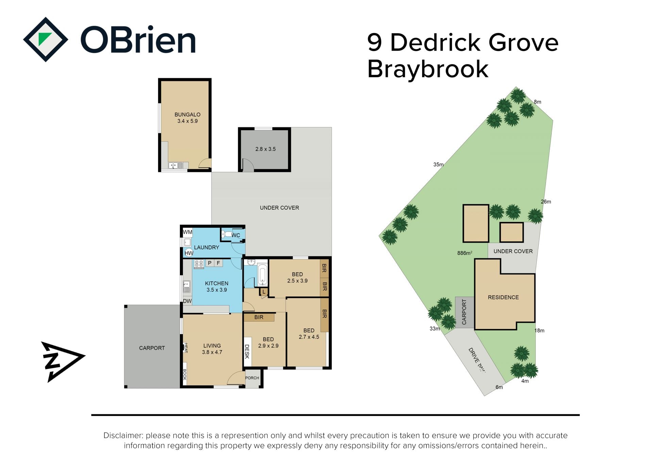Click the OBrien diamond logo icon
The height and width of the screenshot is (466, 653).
(45, 39)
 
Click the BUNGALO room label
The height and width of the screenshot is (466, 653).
(187, 115)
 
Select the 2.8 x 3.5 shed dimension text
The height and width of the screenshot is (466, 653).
(265, 149)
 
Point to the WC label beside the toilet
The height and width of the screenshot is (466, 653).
(236, 235)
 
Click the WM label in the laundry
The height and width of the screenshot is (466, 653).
(187, 232)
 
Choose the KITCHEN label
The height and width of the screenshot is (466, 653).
(217, 283)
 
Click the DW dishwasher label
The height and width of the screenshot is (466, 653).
(187, 301)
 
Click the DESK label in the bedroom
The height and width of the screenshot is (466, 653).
(247, 351)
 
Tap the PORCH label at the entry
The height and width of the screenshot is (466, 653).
(252, 378)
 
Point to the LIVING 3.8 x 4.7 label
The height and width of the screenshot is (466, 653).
(212, 349)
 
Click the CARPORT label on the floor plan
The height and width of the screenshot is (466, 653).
(152, 348)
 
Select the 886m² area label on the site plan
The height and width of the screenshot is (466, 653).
(465, 253)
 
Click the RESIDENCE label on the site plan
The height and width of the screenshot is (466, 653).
(503, 297)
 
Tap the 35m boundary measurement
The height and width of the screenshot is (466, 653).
(438, 165)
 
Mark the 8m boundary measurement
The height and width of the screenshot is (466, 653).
(537, 102)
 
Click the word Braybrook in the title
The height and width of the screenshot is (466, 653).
(428, 69)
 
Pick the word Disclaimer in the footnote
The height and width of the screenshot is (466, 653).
(123, 436)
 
